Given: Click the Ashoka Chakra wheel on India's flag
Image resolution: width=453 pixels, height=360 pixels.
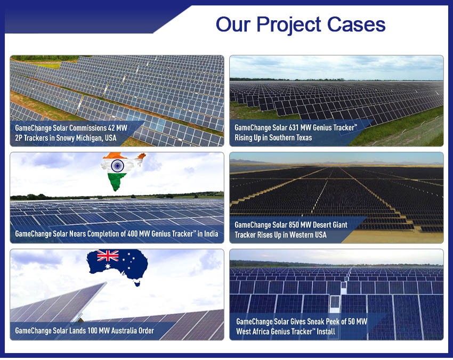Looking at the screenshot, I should click(x=116, y=166).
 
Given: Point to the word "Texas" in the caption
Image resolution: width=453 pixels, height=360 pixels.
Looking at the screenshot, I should click(x=302, y=138).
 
